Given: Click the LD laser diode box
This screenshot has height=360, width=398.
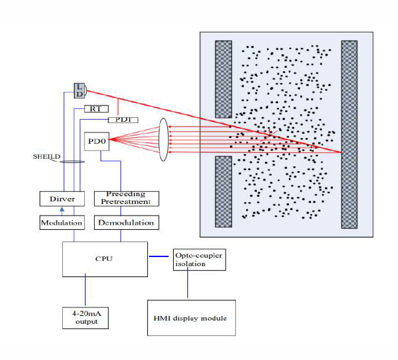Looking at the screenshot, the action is [80, 91].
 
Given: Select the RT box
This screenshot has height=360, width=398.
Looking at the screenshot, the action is [97, 109].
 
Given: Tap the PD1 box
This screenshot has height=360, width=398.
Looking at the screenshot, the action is [123, 120].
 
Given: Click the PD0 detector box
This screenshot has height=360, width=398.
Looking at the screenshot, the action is [97, 141].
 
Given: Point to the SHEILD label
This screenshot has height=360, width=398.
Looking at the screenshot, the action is [47, 157].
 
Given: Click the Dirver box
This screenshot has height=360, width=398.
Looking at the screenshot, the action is [62, 199].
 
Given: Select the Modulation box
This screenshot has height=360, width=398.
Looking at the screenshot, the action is [62, 223].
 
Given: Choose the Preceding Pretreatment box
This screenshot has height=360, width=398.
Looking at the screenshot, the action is [126, 199].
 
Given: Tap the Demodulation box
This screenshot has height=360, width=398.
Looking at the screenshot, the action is [126, 223].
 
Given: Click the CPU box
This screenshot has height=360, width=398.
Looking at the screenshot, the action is [105, 259].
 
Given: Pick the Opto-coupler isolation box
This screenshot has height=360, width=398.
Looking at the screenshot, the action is [199, 260].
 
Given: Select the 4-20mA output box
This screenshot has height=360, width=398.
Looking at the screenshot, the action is [86, 318].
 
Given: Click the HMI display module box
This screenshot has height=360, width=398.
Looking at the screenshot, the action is [191, 318].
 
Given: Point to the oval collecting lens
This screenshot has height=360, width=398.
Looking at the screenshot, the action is [163, 139].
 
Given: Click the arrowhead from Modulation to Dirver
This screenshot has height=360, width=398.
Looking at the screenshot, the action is [62, 209].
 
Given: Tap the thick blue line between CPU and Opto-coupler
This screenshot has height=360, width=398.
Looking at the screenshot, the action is [159, 256].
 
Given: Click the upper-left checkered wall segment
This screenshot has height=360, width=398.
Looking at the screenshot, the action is [224, 79].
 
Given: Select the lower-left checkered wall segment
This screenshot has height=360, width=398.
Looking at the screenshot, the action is [224, 192].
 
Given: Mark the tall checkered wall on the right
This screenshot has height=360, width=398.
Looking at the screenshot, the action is [349, 135].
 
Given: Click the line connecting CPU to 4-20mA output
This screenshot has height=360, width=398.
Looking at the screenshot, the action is [85, 290].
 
